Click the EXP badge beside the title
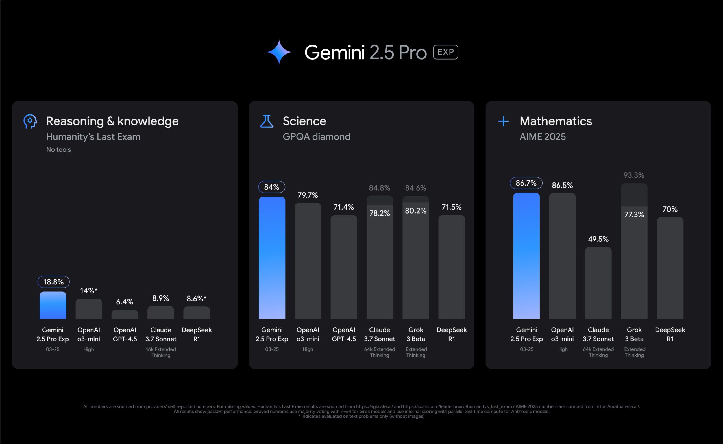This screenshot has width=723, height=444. [x=445, y=52]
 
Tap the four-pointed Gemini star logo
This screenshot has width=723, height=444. [x=279, y=52]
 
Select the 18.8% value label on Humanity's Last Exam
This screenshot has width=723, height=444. [x=53, y=282]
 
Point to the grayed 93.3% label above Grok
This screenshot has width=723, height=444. [x=634, y=175]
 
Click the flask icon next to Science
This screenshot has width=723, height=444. [x=267, y=121]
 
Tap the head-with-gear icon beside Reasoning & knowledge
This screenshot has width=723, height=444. [x=30, y=121]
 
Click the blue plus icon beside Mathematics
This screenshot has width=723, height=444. [x=504, y=121]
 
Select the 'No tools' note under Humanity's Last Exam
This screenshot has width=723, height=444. [x=58, y=149]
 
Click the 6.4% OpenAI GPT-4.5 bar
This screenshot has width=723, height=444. [x=125, y=315]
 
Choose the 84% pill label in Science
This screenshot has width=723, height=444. [x=271, y=187]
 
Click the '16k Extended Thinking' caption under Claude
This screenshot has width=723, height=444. [x=161, y=352]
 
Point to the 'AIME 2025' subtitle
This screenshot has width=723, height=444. [x=543, y=136]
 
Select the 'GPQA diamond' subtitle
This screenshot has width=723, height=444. [x=316, y=136]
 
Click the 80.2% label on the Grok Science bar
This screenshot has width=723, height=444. [x=415, y=211]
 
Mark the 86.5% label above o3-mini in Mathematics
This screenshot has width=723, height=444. [x=562, y=185]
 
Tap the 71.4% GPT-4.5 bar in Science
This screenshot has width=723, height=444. [x=344, y=267]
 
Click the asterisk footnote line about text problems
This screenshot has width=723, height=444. [x=361, y=416]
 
